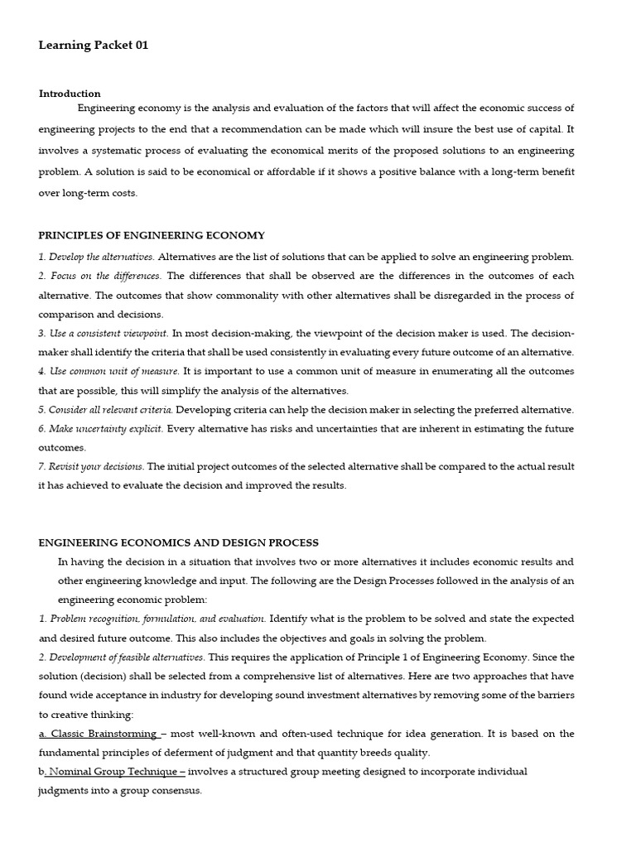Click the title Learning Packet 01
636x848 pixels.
94,46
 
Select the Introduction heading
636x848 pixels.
70,94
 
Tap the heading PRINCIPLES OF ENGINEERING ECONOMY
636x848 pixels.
152,236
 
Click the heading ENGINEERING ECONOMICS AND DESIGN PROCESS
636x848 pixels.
178,542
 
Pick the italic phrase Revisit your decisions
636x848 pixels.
91,466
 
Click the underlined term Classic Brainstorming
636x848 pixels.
103,734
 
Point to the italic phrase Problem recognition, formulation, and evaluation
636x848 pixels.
152,619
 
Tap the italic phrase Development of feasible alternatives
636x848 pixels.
121,657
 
